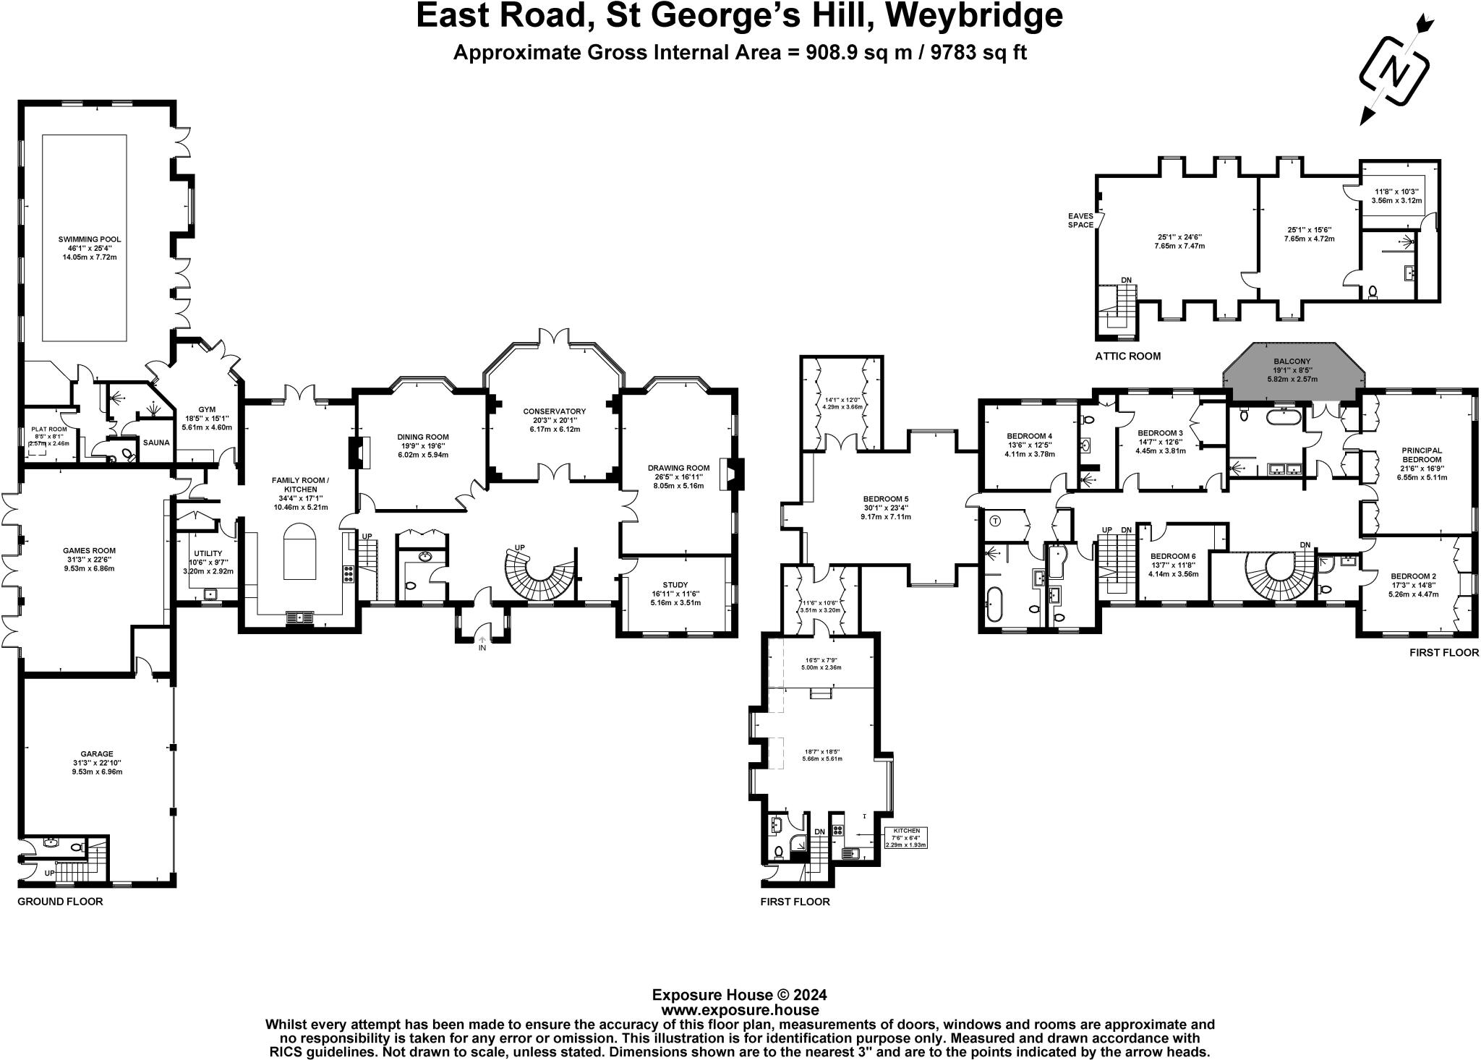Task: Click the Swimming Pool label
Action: point(90,239)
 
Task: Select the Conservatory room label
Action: point(554,411)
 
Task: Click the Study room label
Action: point(675,585)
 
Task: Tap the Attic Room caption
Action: point(1127,356)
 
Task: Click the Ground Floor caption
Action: point(60,902)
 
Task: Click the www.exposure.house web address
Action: point(740,1010)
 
